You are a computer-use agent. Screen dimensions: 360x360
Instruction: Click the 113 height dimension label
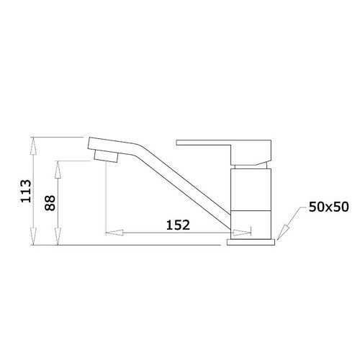pyautogui.click(x=26, y=191)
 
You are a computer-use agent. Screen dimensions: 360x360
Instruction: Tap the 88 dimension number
pyautogui.click(x=50, y=203)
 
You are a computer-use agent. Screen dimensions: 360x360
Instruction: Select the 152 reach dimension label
pyautogui.click(x=178, y=225)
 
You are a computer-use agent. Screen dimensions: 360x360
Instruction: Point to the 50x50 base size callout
pyautogui.click(x=328, y=207)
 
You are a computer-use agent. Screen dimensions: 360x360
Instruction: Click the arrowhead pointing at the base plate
pyautogui.click(x=282, y=233)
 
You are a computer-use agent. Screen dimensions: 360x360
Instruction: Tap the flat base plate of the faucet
pyautogui.click(x=251, y=242)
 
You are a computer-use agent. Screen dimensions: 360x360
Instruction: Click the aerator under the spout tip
pyautogui.click(x=106, y=156)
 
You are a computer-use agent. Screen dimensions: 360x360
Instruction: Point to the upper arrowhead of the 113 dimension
pyautogui.click(x=34, y=146)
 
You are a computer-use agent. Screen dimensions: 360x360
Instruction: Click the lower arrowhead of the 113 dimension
pyautogui.click(x=34, y=236)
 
